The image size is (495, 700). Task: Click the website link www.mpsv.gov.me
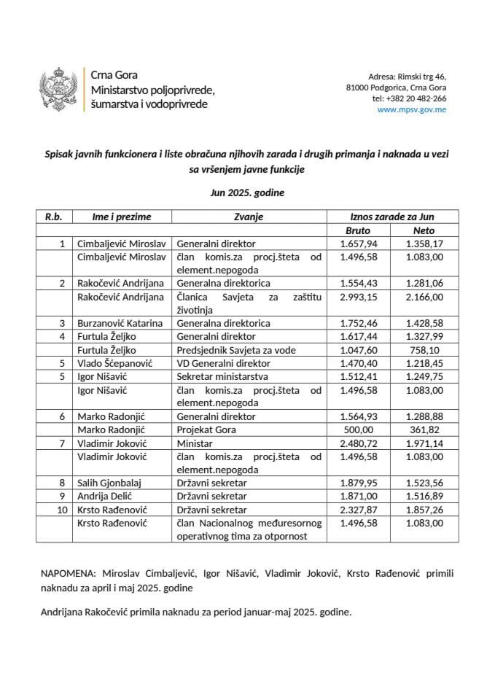pyautogui.click(x=412, y=110)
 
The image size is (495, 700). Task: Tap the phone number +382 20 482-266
pyautogui.click(x=409, y=98)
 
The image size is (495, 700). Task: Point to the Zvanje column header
pyautogui.click(x=248, y=217)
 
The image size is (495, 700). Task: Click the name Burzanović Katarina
pyautogui.click(x=119, y=323)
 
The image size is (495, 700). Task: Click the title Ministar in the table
pyautogui.click(x=195, y=443)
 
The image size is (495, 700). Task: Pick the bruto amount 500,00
pyautogui.click(x=357, y=429)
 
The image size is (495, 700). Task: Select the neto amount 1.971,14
pyautogui.click(x=423, y=443)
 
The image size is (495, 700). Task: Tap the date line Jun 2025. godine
pyautogui.click(x=247, y=194)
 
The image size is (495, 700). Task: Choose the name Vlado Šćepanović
pyautogui.click(x=117, y=363)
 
